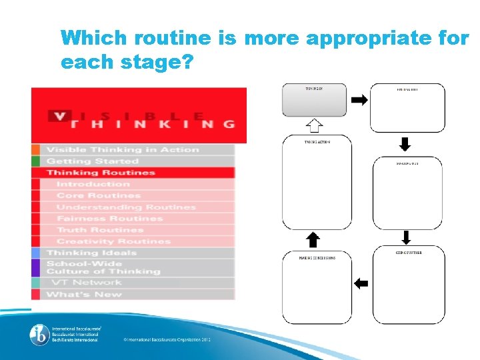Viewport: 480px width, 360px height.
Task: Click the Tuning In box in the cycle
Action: [x=315, y=101]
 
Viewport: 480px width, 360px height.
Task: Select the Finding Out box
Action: [x=407, y=107]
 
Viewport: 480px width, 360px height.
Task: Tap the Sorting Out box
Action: [x=407, y=193]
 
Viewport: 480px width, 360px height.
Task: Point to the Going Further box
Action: [x=407, y=286]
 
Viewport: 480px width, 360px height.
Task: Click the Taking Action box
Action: [x=316, y=183]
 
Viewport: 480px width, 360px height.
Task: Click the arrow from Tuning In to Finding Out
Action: [x=359, y=100]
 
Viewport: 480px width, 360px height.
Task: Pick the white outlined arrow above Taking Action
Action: [x=315, y=125]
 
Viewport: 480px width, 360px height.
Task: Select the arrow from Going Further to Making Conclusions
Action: [x=360, y=283]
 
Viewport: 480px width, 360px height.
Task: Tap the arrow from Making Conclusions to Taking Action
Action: [x=313, y=240]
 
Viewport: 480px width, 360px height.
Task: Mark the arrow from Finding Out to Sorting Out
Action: [x=405, y=144]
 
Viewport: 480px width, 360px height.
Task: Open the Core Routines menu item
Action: [x=99, y=195]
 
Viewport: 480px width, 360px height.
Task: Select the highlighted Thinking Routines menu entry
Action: [x=101, y=173]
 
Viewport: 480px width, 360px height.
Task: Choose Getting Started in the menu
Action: [x=93, y=161]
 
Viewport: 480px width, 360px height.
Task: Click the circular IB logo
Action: [x=39, y=335]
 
